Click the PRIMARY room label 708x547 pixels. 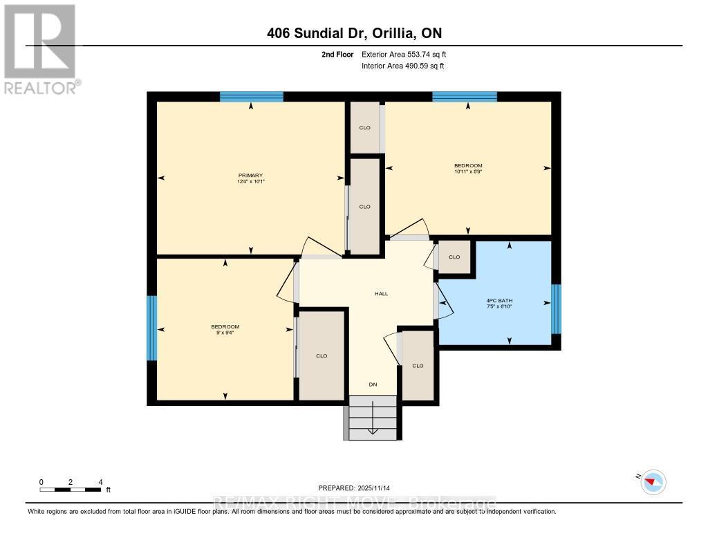250,175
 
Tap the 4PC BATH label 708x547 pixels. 499,300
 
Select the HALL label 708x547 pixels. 381,293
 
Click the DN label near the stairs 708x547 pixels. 373,384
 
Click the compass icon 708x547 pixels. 653,481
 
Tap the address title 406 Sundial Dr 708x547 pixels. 354,33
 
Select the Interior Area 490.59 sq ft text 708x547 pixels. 402,66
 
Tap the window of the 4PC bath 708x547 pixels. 555,308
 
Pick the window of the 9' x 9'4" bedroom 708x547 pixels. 152,328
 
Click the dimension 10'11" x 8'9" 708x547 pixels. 468,171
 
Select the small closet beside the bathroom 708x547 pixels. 455,257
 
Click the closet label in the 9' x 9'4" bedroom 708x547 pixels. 322,355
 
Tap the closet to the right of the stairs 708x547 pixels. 418,365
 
